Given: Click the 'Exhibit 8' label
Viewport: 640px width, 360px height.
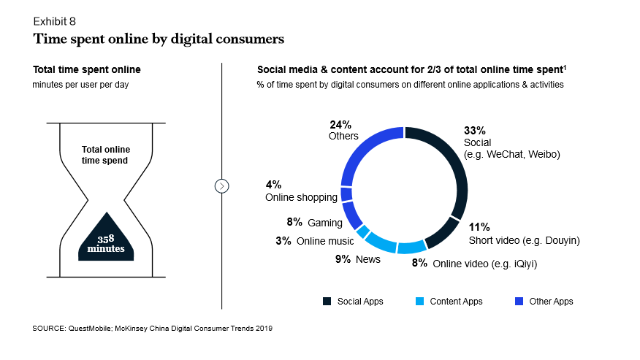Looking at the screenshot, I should click(54, 21).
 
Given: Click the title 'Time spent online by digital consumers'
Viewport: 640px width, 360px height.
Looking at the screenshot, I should click(158, 38).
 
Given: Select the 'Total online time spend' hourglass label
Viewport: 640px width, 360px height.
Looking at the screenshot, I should click(106, 154).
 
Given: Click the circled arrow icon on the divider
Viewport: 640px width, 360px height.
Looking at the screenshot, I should click(222, 186).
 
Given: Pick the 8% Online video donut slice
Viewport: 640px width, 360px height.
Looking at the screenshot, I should click(411, 246).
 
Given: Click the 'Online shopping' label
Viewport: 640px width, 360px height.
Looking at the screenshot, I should click(301, 197).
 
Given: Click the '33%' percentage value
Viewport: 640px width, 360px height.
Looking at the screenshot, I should click(474, 131).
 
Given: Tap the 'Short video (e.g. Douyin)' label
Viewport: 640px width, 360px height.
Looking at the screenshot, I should click(524, 240).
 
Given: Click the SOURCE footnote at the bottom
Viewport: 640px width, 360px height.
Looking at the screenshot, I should click(152, 329).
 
